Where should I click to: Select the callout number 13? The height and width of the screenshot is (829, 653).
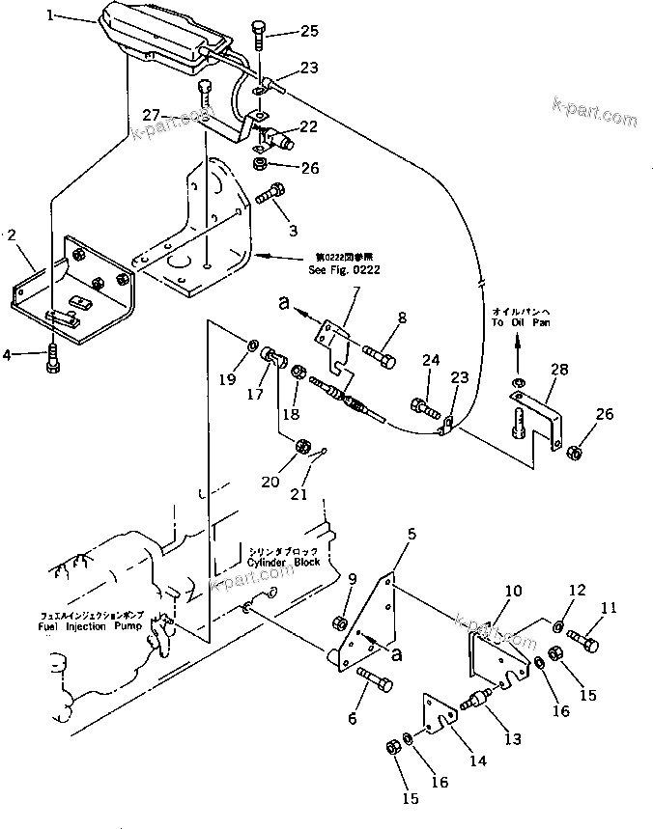pos(512,739)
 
